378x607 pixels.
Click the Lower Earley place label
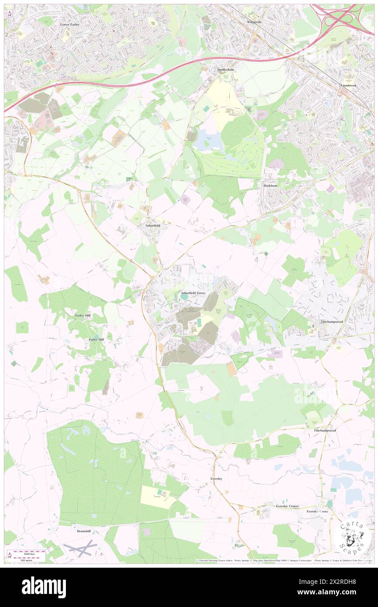(71, 25)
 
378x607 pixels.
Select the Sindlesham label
(226, 69)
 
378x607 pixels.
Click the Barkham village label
(271, 185)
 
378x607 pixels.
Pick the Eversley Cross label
(317, 511)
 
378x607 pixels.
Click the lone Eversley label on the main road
(216, 479)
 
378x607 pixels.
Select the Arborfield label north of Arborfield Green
(152, 225)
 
